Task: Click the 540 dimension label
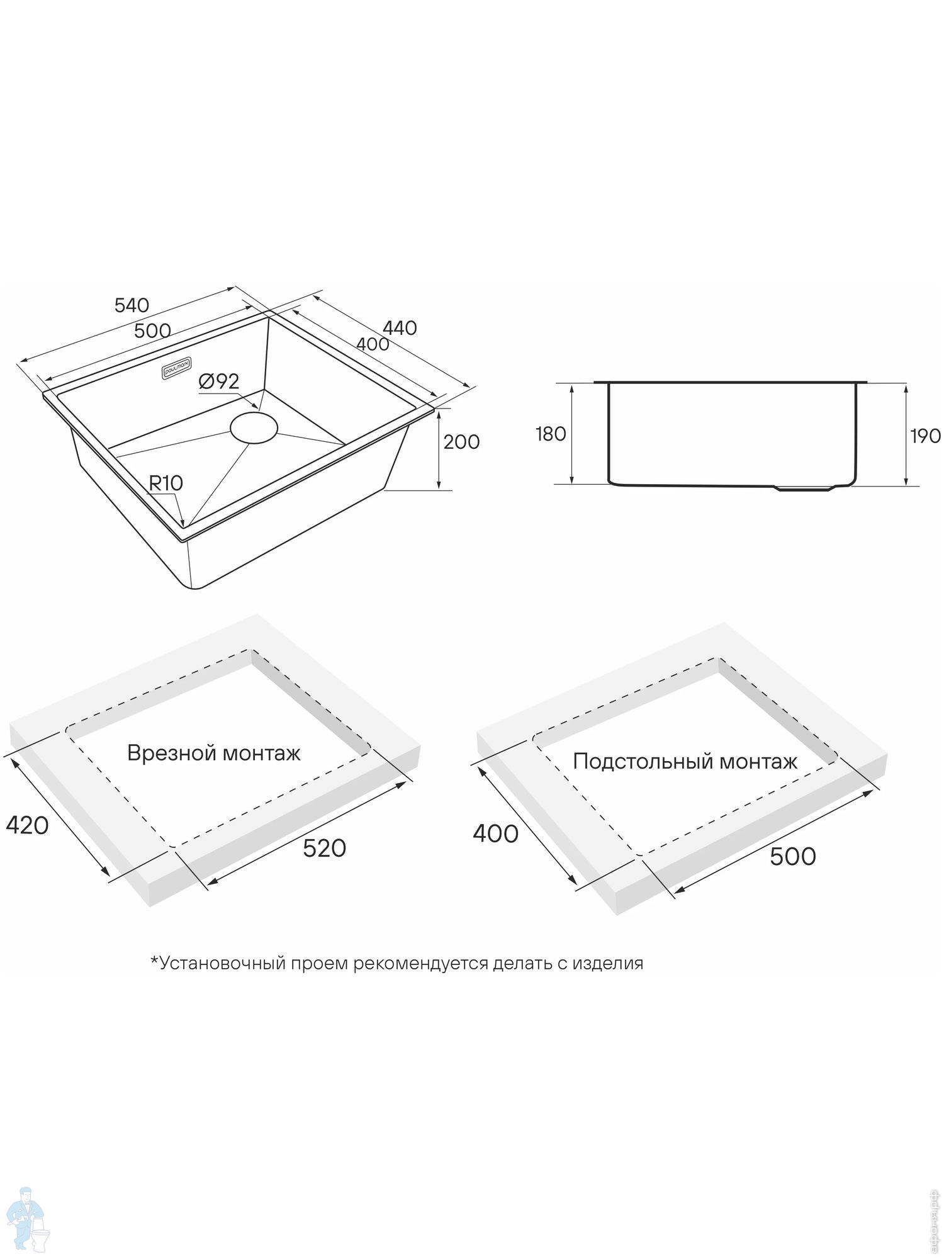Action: [132, 305]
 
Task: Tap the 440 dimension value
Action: [400, 328]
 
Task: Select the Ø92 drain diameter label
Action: [218, 381]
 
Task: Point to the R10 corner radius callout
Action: [166, 483]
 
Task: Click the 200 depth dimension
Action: [461, 442]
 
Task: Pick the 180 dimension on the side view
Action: [551, 434]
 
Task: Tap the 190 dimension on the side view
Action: [926, 436]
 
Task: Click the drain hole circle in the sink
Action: [254, 427]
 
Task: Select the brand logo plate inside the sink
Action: [179, 366]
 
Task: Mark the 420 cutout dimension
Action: [27, 825]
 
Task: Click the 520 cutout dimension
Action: [325, 849]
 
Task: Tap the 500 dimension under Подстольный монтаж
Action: [793, 856]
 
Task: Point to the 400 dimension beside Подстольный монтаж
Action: [496, 834]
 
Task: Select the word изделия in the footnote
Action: [608, 963]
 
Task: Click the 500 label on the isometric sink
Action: [152, 330]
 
